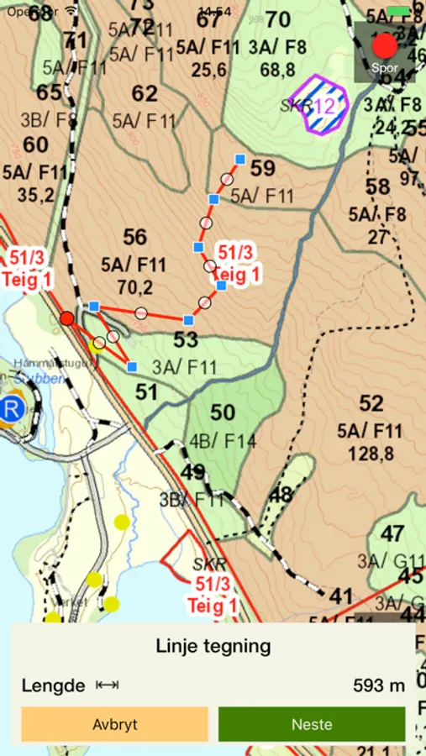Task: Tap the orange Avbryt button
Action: pos(115,724)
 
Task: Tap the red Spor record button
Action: pos(385,46)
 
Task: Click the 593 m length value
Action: pos(379,685)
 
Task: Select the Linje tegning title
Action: pos(213,646)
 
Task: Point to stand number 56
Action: pos(134,238)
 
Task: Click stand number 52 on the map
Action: pos(371,404)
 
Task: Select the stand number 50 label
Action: pos(223,412)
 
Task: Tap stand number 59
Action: pos(263,169)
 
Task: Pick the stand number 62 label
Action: pos(145,93)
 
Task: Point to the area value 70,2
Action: pos(134,288)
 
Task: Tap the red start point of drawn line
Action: pos(66,318)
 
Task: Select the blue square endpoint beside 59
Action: pos(240,159)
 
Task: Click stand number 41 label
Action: pos(341,596)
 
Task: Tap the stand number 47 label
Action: pos(392,534)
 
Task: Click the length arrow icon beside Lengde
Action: pos(107,685)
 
